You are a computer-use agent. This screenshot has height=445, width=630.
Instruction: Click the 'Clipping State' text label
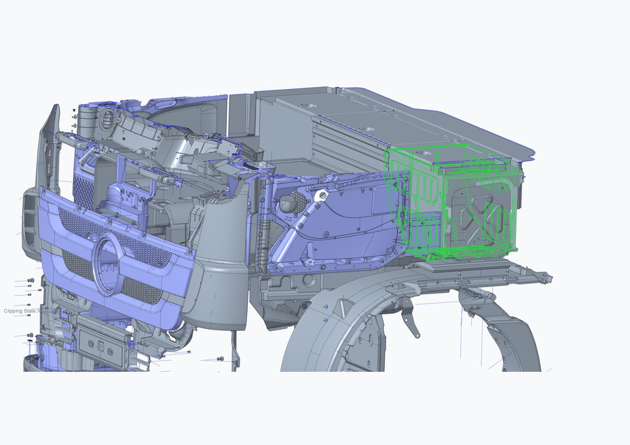tap(21, 311)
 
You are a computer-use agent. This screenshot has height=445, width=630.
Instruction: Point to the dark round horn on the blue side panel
tap(288, 203)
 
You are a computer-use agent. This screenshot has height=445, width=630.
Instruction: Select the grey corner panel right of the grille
tap(218, 292)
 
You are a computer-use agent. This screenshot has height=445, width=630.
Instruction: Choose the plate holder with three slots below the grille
tap(101, 344)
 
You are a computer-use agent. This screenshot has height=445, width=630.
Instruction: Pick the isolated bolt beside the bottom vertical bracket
tap(221, 359)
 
